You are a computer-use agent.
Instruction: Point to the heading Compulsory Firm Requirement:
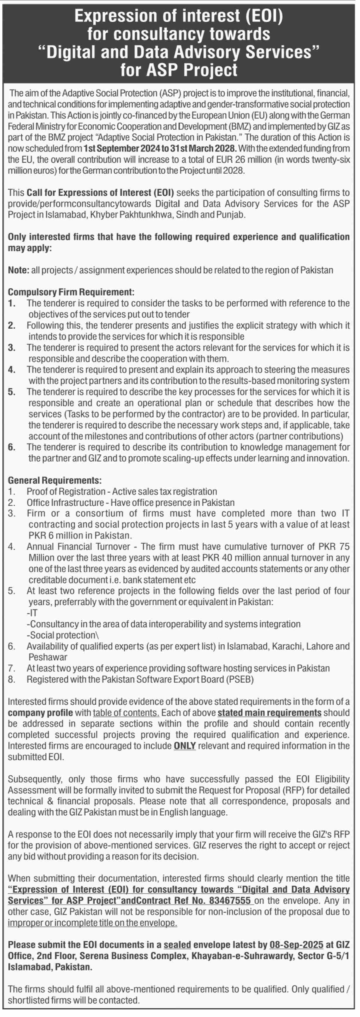click(x=71, y=292)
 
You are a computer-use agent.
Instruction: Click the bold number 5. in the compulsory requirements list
click(x=12, y=392)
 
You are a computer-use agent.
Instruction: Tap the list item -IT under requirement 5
click(x=32, y=613)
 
